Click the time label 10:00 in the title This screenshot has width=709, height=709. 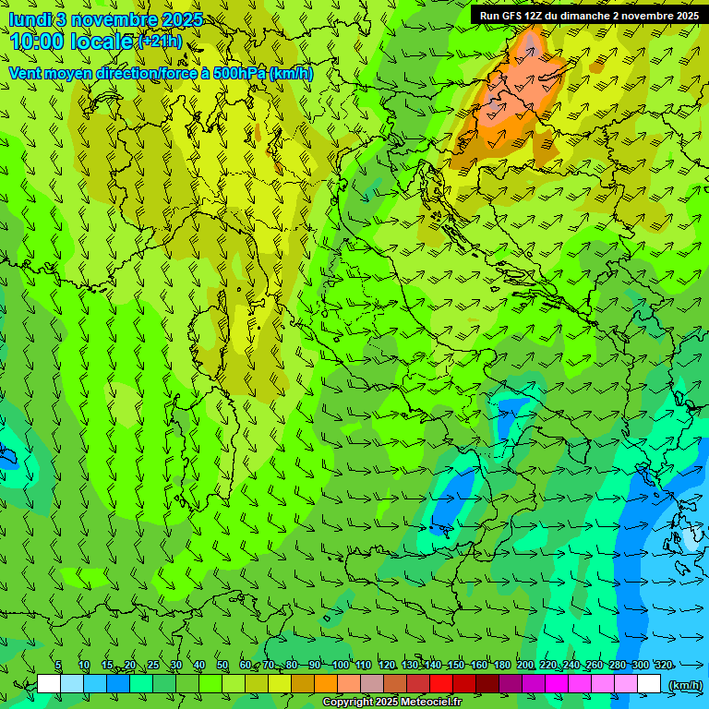point(37,41)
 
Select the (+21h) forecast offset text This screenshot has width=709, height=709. point(159,41)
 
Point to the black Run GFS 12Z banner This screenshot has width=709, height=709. point(588,15)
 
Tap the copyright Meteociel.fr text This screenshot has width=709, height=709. point(392,703)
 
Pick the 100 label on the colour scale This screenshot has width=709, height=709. point(341,665)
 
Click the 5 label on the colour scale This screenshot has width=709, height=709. point(58,665)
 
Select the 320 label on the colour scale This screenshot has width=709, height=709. point(663,665)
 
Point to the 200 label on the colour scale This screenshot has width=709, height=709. point(525,665)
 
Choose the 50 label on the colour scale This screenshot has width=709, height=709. point(222,665)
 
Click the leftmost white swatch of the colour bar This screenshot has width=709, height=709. point(49,684)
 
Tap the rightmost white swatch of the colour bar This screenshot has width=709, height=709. point(649,684)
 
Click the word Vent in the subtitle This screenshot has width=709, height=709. point(25,73)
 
